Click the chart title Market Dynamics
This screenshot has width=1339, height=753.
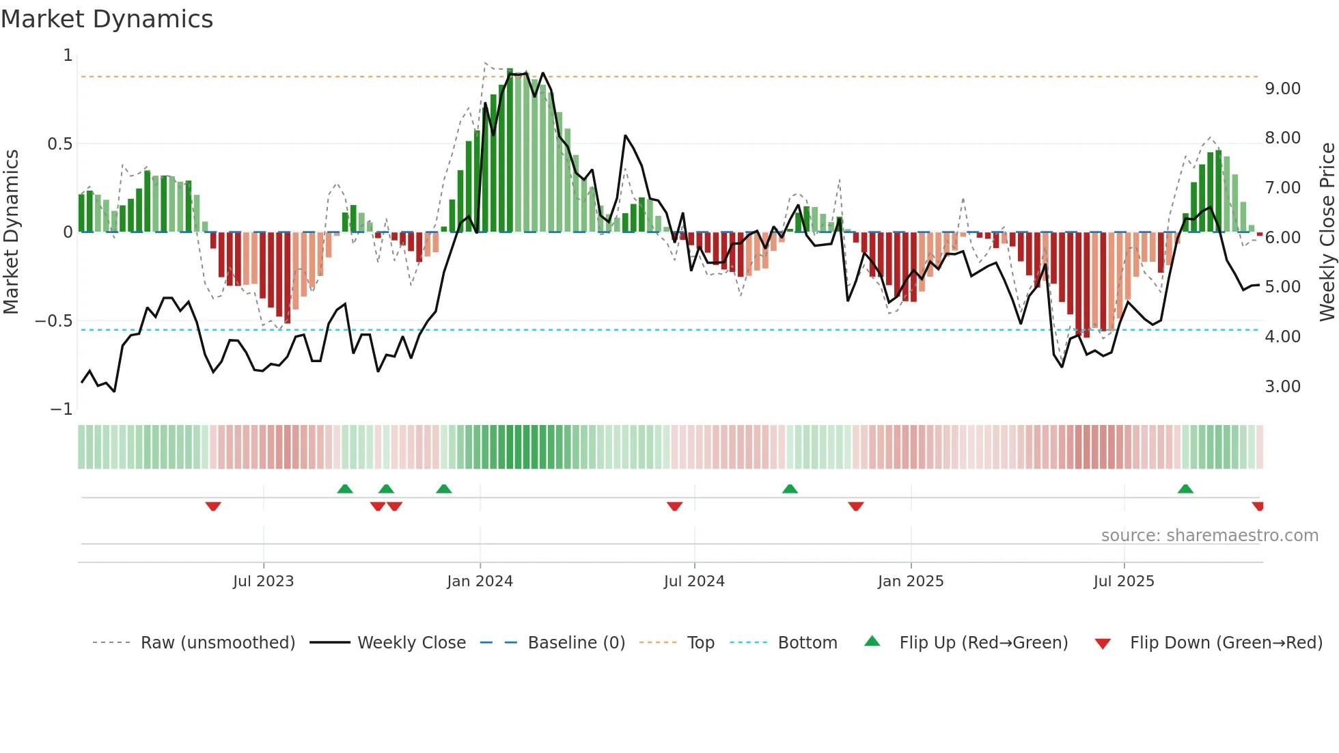[107, 19]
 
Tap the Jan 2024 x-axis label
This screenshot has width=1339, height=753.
[480, 581]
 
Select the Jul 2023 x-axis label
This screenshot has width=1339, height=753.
[263, 581]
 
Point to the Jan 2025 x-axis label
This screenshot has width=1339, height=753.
[911, 581]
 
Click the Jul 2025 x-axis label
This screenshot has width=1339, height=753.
[1124, 581]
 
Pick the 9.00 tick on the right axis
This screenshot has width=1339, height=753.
[1282, 89]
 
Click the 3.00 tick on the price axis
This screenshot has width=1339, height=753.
[1282, 387]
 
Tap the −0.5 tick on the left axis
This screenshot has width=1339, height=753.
[53, 321]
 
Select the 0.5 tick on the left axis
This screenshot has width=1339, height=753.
[59, 144]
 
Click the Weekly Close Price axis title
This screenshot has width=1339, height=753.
[1327, 232]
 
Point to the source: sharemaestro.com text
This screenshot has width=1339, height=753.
[1209, 536]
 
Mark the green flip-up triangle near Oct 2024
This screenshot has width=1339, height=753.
[790, 489]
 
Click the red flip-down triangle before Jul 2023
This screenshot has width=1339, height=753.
[213, 506]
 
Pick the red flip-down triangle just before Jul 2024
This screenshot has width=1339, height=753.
[674, 506]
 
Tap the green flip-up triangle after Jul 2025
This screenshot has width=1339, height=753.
[1185, 489]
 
